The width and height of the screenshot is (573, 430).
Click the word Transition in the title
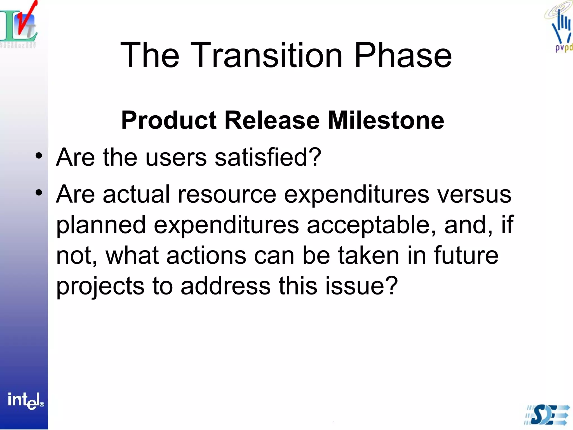tap(266, 55)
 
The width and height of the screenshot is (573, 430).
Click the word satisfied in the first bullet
tap(268, 157)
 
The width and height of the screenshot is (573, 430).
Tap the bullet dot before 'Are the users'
tap(39, 156)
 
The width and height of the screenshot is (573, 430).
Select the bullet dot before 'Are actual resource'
tap(39, 193)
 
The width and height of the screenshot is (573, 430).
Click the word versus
tap(474, 195)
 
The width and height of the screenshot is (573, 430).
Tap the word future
tap(466, 255)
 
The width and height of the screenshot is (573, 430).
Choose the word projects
tap(100, 287)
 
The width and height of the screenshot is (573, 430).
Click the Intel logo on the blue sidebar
tap(25, 401)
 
